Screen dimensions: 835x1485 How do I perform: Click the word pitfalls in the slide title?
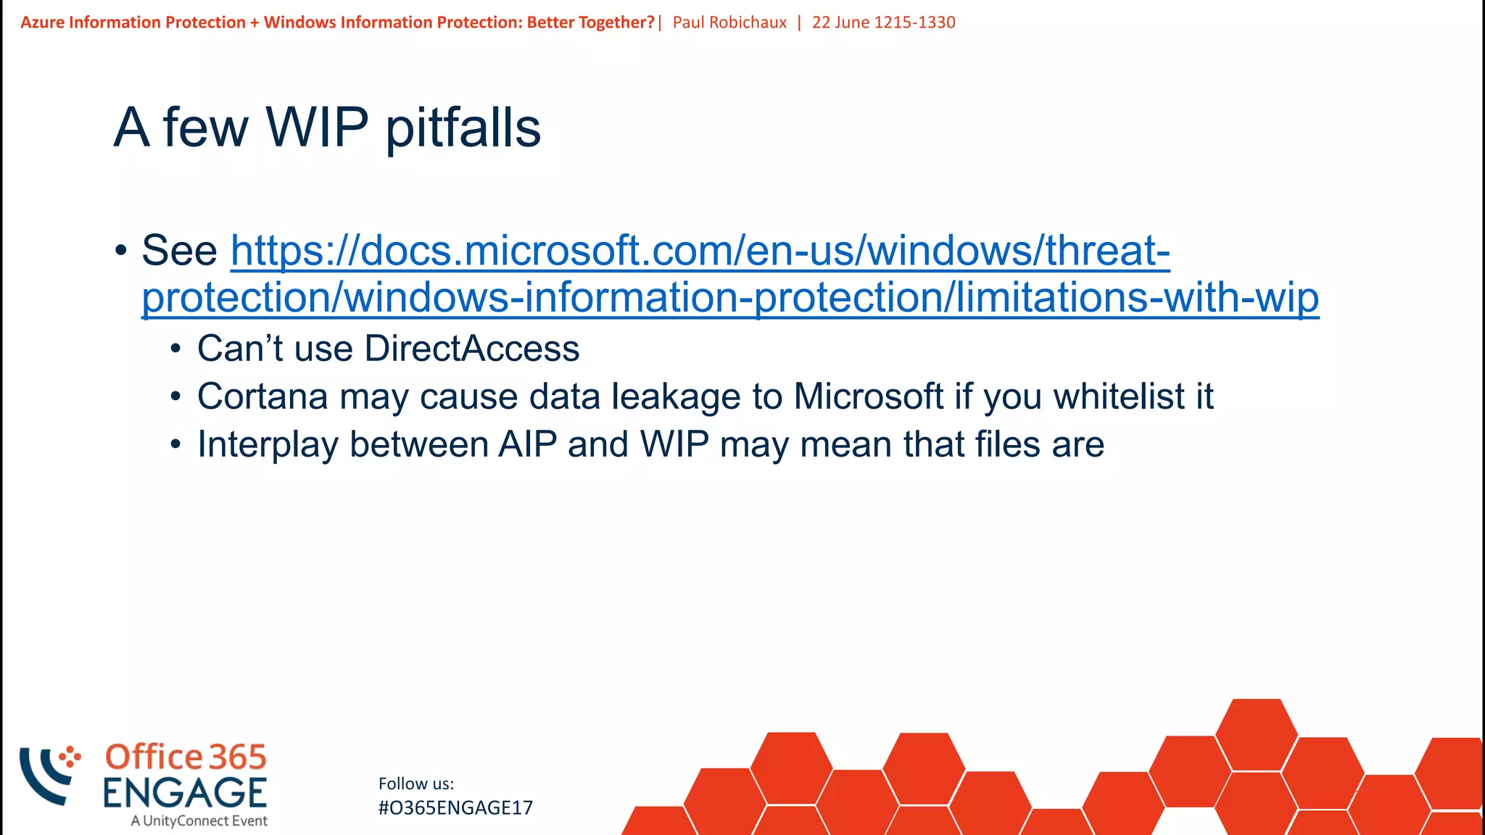[x=463, y=128]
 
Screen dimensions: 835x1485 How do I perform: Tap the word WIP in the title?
[x=317, y=127]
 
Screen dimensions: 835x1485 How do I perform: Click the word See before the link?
[x=179, y=251]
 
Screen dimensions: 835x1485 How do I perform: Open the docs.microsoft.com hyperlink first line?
[x=700, y=251]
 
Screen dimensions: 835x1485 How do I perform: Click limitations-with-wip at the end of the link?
[x=1137, y=298]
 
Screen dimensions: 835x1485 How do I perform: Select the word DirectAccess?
[x=471, y=349]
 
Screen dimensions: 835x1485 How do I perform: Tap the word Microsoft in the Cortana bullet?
[x=869, y=396]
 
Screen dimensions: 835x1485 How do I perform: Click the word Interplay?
[x=268, y=444]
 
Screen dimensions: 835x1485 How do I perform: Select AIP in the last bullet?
[x=527, y=444]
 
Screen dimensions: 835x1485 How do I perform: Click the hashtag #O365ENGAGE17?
[x=455, y=807]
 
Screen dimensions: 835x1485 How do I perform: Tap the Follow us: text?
[x=416, y=784]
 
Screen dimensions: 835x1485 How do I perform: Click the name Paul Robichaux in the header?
[x=729, y=22]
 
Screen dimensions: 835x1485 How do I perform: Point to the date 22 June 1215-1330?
[x=883, y=22]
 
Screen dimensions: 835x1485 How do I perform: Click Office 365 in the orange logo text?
[x=186, y=757]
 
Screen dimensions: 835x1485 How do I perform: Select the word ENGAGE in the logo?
[x=185, y=792]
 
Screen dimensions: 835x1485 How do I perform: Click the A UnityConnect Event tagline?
[x=199, y=821]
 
